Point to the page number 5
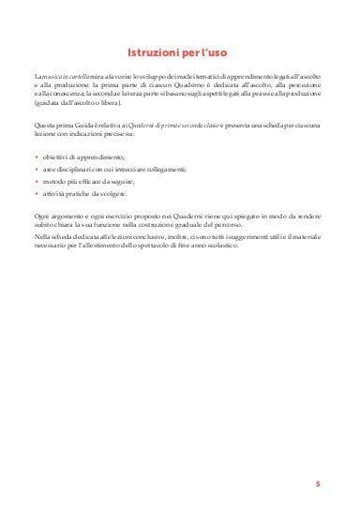(318, 484)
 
